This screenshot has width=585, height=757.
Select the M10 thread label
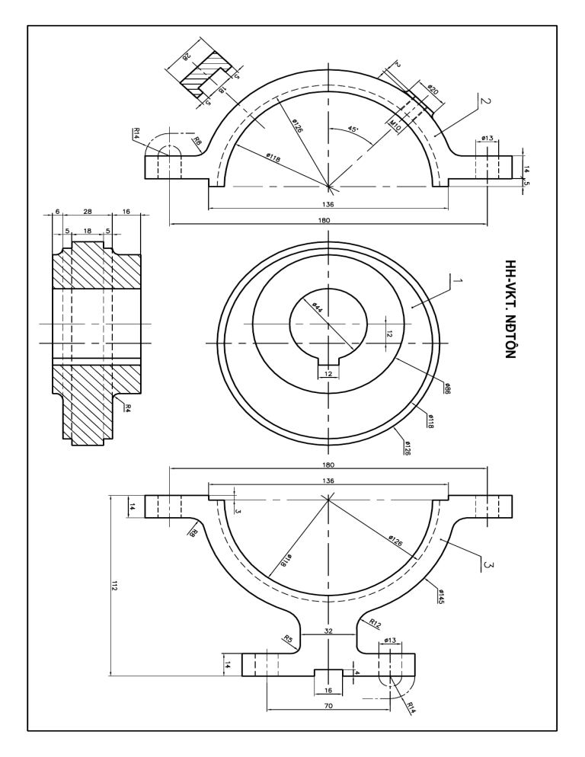396,125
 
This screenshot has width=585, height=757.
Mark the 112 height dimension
114,583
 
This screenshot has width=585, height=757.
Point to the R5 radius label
288,638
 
